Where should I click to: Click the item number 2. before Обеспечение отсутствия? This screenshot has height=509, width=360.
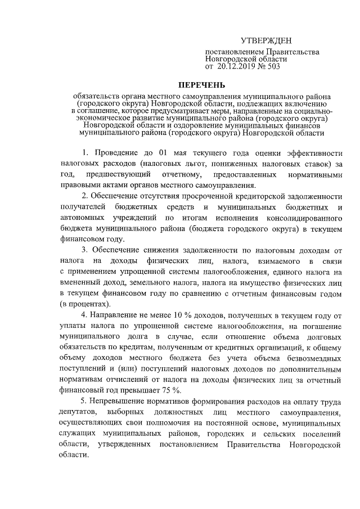[x=84, y=196]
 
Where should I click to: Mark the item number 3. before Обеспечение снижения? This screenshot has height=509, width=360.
[x=84, y=249]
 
